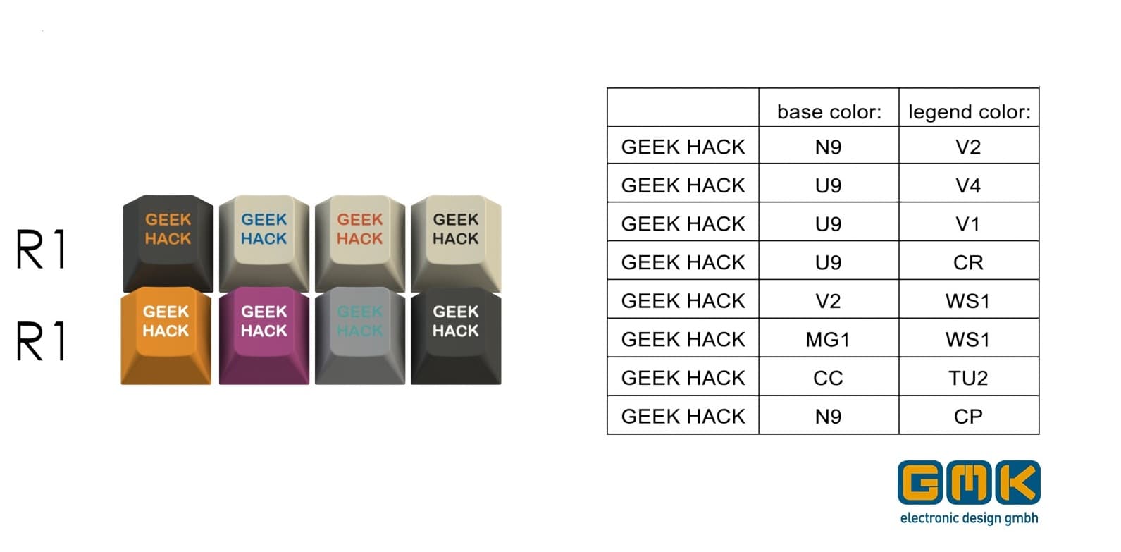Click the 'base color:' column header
coord(829,111)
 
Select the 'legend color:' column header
coord(969,111)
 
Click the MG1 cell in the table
coord(828,339)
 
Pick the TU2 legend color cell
coord(968,378)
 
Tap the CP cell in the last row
coord(968,416)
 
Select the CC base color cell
coord(828,378)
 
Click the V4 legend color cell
coord(968,185)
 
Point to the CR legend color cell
coord(968,262)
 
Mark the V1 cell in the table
coord(968,224)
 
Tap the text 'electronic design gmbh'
coord(969,518)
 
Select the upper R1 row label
coord(41,249)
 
